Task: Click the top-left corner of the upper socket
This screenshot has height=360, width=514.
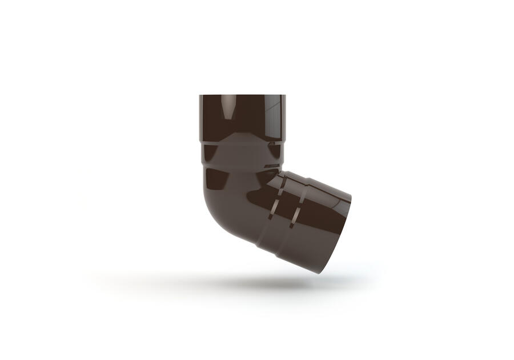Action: tap(200, 95)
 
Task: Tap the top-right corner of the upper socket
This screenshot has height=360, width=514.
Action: tap(285, 95)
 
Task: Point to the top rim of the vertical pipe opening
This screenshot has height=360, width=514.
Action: tap(242, 95)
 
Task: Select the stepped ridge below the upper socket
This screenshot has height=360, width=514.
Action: tap(242, 141)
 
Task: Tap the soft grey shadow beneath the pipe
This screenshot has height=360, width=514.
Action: tap(240, 282)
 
